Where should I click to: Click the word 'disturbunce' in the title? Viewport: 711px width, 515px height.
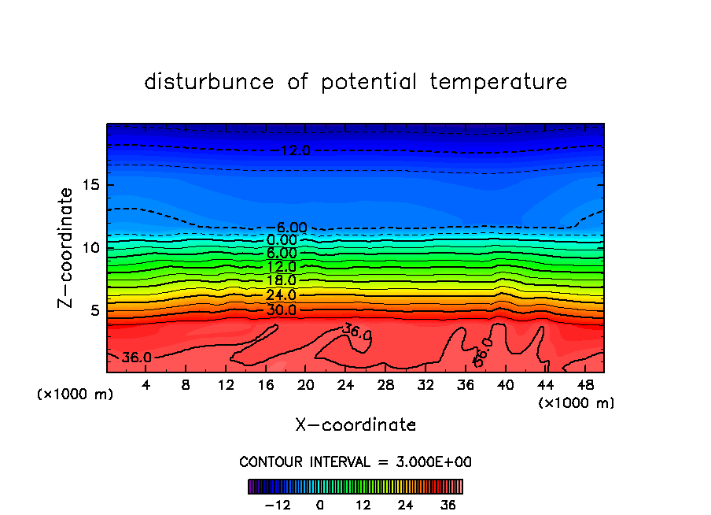tap(209, 82)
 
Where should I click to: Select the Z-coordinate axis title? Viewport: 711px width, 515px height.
tap(66, 247)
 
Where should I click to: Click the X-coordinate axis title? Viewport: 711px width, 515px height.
tap(355, 425)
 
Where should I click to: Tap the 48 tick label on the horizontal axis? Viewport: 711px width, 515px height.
tap(585, 386)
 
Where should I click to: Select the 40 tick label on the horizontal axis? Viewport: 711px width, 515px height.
tap(505, 386)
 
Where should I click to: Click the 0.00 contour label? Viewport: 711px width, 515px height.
tap(282, 240)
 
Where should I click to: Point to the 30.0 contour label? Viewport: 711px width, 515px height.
tap(281, 309)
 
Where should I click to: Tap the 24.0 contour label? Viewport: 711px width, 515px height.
tap(281, 295)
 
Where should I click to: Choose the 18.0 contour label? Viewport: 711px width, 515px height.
tap(281, 280)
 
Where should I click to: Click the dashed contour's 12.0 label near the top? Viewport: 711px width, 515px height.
tap(295, 150)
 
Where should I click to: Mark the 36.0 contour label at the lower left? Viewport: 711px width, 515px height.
tap(137, 358)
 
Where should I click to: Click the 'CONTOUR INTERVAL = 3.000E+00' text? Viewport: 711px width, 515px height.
tap(355, 461)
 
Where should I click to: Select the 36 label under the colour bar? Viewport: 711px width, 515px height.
tap(448, 505)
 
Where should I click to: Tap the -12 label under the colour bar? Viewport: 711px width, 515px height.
tap(277, 505)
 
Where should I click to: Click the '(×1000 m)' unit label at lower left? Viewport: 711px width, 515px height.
tap(76, 395)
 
